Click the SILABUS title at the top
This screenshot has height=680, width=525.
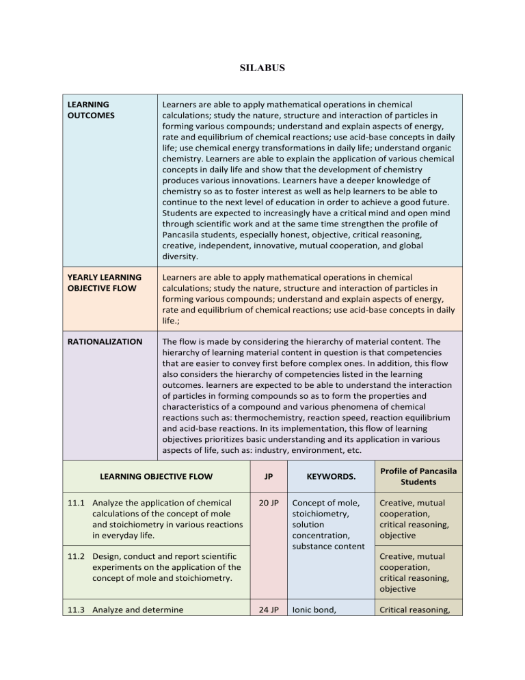pos(262,69)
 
